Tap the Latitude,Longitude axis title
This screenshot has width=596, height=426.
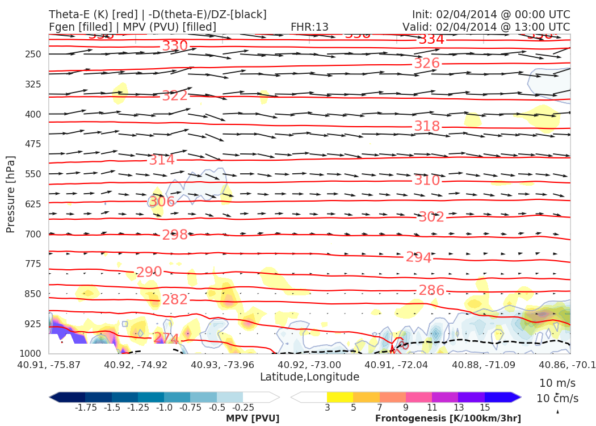[x=309, y=377]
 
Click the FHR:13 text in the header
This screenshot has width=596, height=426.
[x=309, y=27]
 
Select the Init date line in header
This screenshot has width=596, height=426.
[x=491, y=14]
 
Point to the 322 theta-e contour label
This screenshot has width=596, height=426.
[x=175, y=95]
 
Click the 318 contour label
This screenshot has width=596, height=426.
[x=427, y=126]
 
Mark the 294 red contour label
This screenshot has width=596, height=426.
[x=419, y=257]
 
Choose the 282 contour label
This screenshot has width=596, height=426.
[x=175, y=299]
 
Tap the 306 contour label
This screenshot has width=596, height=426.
[x=162, y=202]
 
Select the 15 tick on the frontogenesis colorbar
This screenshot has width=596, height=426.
[x=485, y=408]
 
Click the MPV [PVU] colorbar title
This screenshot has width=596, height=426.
[x=253, y=419]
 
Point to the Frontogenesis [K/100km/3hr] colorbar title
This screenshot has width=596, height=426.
[x=448, y=419]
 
